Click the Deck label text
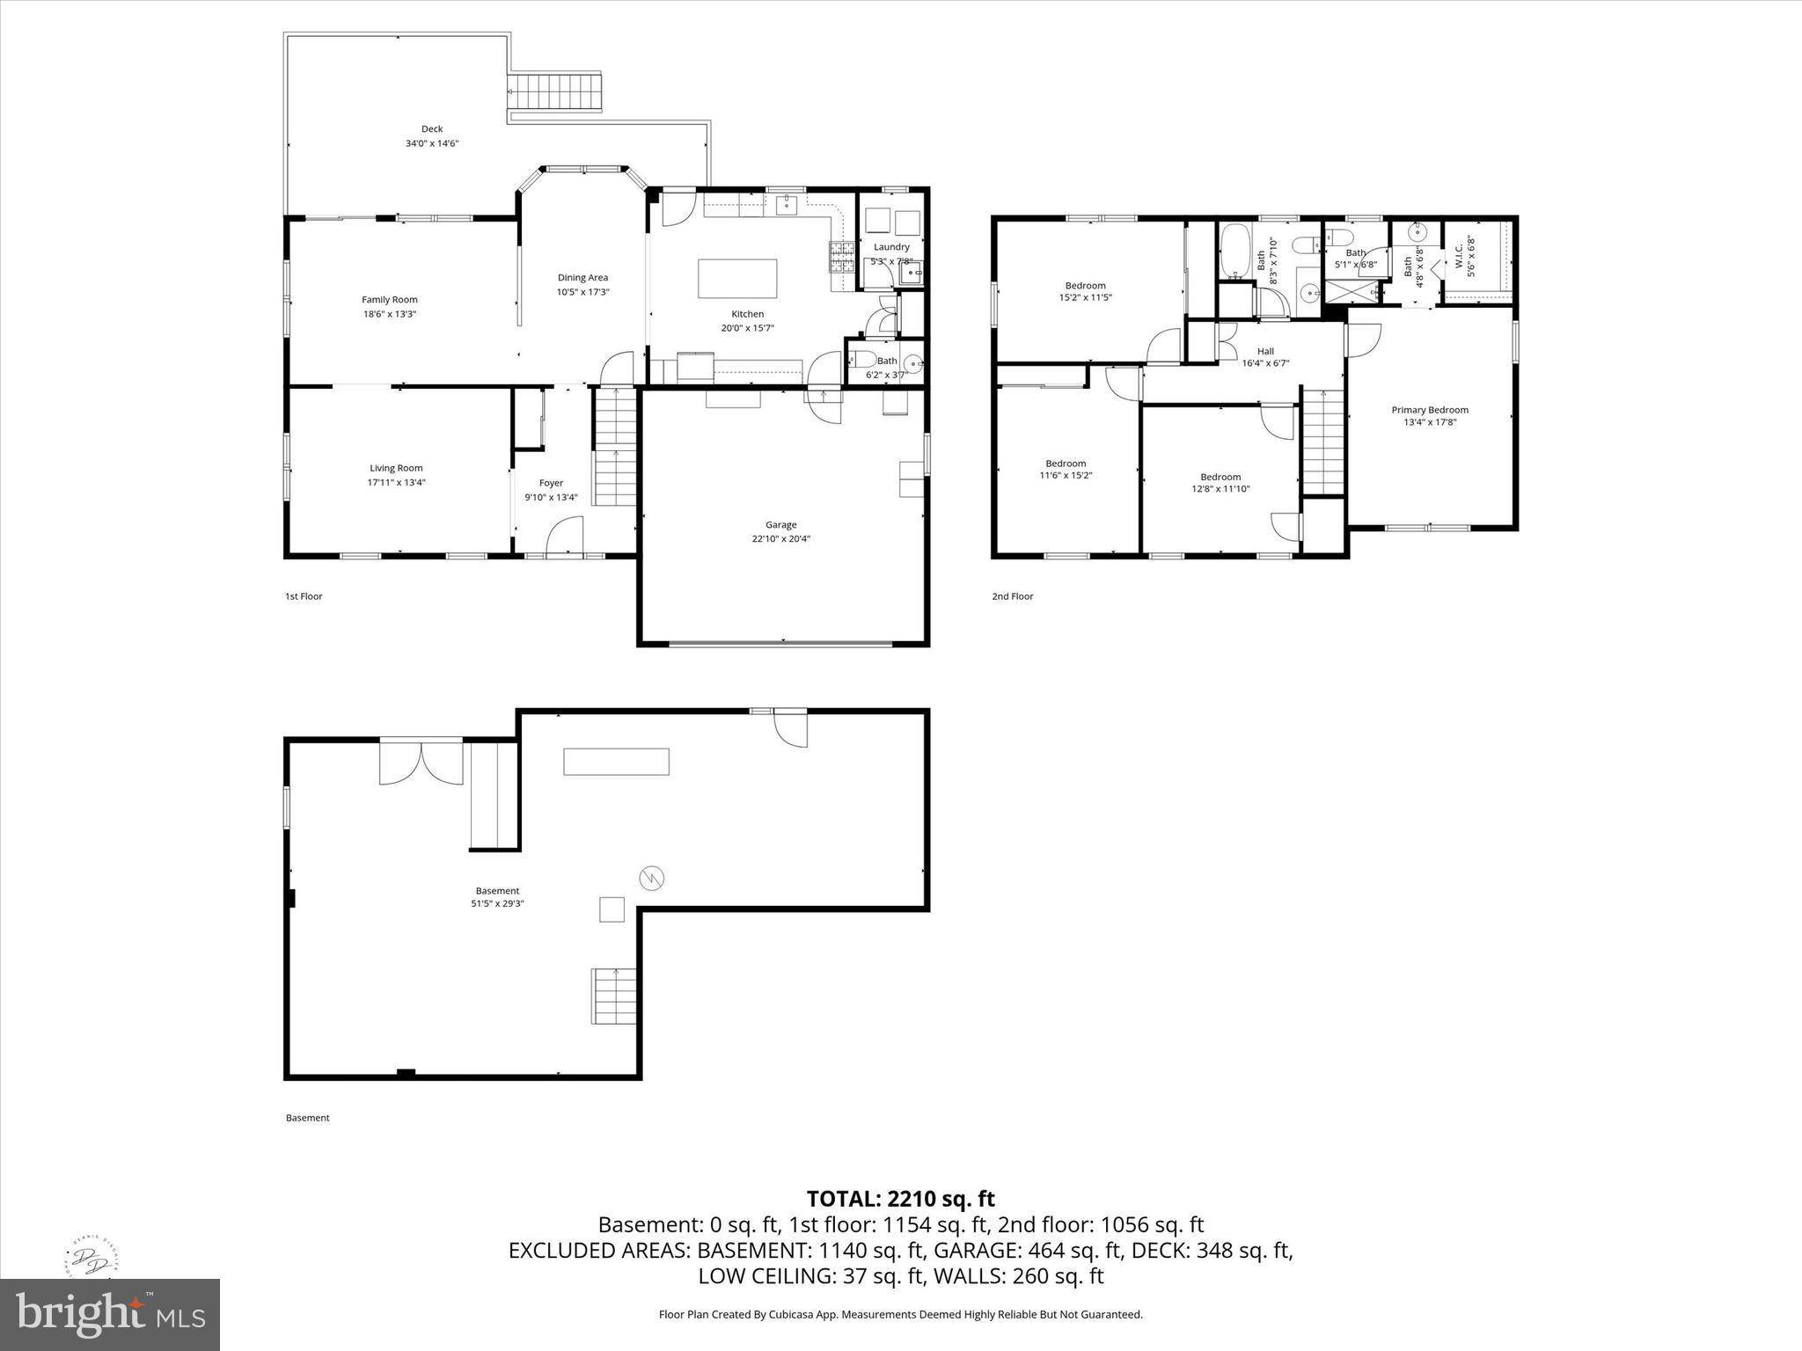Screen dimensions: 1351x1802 click(431, 129)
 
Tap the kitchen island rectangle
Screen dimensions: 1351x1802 click(737, 279)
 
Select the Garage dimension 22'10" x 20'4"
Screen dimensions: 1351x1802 click(780, 539)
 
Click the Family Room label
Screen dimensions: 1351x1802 click(389, 300)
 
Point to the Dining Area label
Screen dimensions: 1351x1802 click(582, 278)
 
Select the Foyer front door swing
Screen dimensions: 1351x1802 click(565, 537)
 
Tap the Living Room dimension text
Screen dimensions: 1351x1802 click(396, 483)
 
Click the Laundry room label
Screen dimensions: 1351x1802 click(891, 247)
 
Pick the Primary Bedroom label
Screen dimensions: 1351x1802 click(1430, 410)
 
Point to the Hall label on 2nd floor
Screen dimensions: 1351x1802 click(1265, 352)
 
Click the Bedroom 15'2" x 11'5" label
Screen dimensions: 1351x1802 click(1085, 286)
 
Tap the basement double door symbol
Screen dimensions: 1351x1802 click(421, 763)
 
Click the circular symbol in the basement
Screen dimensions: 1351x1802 click(652, 878)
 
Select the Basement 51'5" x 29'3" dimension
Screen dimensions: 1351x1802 click(497, 903)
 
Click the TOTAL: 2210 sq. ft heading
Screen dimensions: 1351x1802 click(900, 1199)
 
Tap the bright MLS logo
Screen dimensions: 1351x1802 click(110, 1315)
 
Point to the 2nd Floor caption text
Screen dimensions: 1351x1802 click(1012, 596)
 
